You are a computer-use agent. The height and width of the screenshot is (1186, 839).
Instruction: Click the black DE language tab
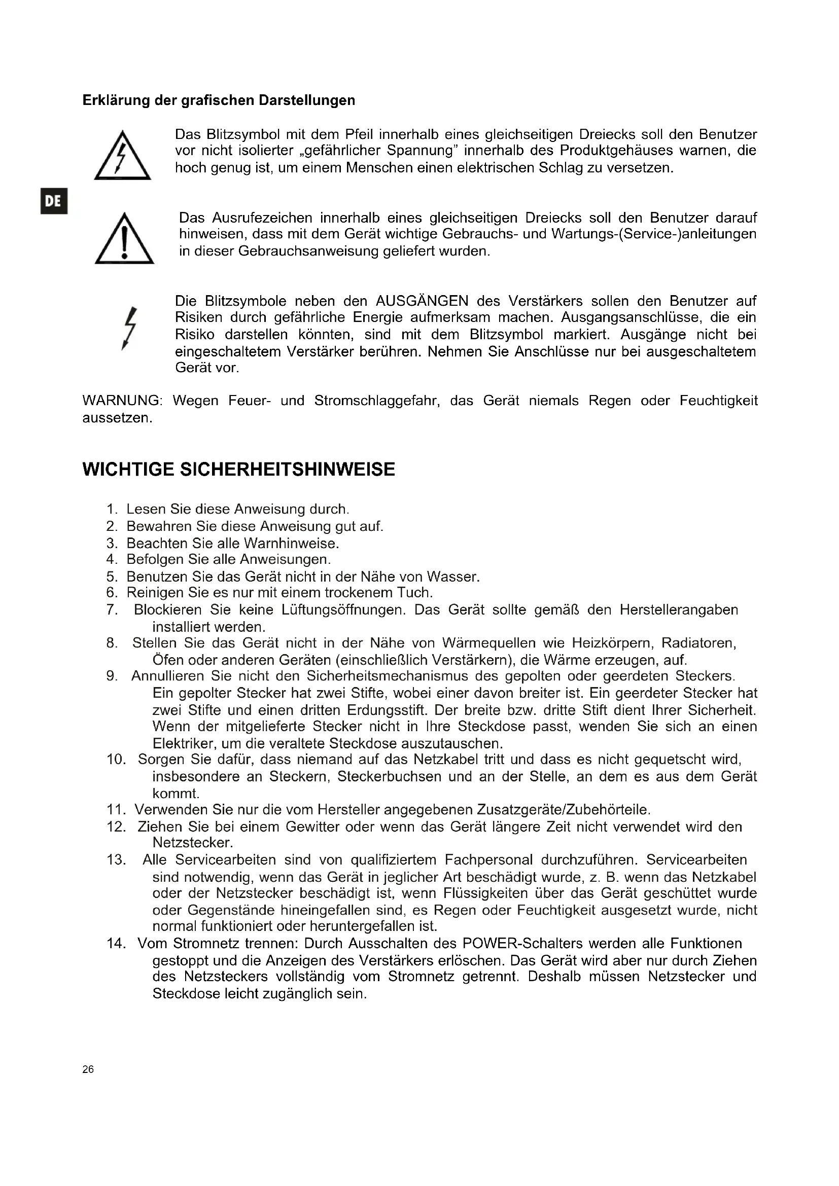pyautogui.click(x=54, y=201)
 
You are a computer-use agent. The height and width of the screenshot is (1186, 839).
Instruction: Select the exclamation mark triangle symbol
pyautogui.click(x=124, y=239)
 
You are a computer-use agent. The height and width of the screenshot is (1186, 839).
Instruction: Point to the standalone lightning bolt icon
pyautogui.click(x=130, y=329)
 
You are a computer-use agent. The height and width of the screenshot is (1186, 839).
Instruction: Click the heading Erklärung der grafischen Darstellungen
pyautogui.click(x=219, y=100)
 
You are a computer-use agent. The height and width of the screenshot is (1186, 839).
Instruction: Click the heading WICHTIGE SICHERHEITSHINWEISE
pyautogui.click(x=239, y=470)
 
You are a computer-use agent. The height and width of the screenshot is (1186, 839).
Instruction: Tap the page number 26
pyautogui.click(x=88, y=1069)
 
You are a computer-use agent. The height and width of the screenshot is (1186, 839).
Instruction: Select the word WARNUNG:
pyautogui.click(x=122, y=401)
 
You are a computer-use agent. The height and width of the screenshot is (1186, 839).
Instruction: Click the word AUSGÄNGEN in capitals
pyautogui.click(x=422, y=301)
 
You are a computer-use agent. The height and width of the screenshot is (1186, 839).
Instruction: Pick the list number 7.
pyautogui.click(x=112, y=609)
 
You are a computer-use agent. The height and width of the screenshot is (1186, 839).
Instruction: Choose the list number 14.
pyautogui.click(x=116, y=943)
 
